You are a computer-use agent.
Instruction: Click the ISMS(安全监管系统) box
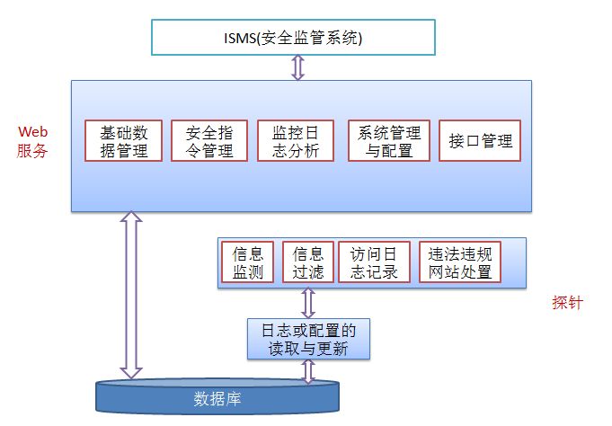coord(293,38)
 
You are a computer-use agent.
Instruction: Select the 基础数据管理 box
coord(124,141)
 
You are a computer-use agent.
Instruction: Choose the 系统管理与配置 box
coord(389,141)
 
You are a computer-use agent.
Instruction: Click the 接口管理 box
coord(480,141)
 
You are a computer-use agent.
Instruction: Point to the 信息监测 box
coord(248,262)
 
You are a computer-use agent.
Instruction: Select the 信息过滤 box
coord(308,262)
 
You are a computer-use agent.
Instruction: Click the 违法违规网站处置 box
coord(461,262)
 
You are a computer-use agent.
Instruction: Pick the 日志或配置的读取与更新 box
coord(308,339)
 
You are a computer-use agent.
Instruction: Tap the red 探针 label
coord(567,303)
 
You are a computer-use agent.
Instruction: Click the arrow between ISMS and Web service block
coord(296,67)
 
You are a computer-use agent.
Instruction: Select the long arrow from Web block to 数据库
coord(132,295)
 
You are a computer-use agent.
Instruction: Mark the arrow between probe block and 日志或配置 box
coord(307,302)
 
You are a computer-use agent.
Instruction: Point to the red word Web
coord(32,132)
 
